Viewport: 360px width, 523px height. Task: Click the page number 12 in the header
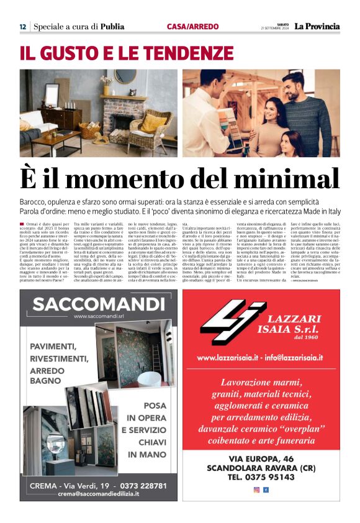(x=22, y=27)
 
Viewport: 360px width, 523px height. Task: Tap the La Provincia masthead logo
(x=317, y=27)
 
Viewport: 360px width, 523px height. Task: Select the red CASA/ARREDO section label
(x=192, y=27)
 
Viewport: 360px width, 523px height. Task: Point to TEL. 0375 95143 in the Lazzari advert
(x=261, y=478)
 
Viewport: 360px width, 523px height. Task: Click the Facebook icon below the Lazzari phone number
(x=266, y=490)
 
